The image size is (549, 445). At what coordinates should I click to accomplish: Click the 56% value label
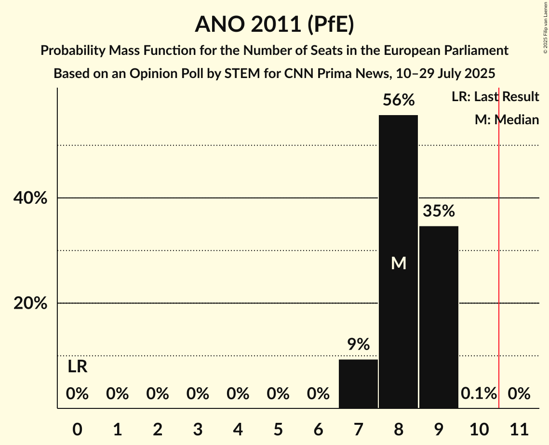coord(398,100)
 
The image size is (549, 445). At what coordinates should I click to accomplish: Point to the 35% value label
coord(439,211)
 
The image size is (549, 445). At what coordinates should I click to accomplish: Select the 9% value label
coord(358,344)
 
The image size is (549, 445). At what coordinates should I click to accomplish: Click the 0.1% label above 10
coord(479,393)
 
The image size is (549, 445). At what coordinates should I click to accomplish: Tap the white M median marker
coord(398,263)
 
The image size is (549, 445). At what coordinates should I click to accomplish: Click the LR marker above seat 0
coord(77,367)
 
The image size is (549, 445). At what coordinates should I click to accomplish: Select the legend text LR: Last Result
coord(495,97)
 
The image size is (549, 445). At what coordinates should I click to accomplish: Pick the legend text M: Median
coord(507,120)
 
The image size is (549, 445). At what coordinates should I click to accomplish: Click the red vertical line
coord(499,241)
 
